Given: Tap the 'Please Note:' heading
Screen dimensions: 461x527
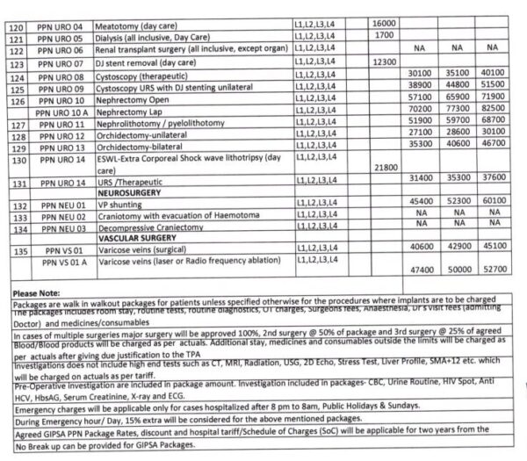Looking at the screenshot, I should (x=31, y=291).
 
